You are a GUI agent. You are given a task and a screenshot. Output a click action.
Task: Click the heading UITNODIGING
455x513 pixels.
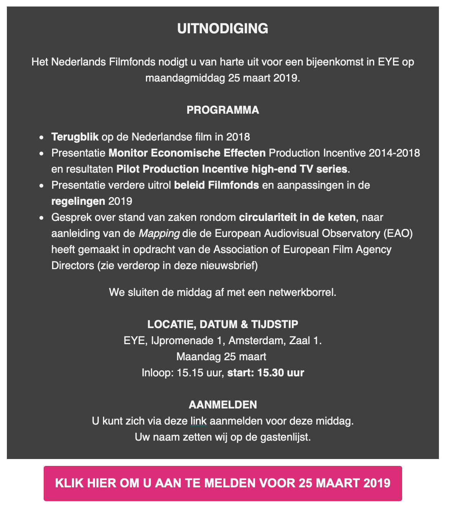(x=223, y=29)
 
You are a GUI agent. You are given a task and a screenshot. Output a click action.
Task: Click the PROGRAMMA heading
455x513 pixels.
(x=223, y=110)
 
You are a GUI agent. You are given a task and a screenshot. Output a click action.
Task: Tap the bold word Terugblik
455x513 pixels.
(x=75, y=137)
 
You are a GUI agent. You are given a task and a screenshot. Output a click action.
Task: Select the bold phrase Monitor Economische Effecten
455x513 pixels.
(x=187, y=153)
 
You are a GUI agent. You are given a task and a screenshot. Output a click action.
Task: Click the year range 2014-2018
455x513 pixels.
(x=394, y=153)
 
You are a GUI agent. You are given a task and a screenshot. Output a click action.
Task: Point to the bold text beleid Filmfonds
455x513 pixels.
(x=216, y=185)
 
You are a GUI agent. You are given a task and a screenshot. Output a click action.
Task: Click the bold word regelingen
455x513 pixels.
(x=78, y=201)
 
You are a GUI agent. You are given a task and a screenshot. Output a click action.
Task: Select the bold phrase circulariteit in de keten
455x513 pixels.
(x=297, y=217)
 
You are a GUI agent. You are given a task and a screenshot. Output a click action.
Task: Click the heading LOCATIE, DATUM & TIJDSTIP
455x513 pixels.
(x=223, y=325)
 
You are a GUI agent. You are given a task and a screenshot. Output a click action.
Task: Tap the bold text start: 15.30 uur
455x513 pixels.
(x=266, y=373)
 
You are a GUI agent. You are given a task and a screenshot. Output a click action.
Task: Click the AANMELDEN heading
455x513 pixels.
(x=223, y=405)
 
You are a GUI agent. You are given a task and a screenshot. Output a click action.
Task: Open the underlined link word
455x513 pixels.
(x=198, y=422)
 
